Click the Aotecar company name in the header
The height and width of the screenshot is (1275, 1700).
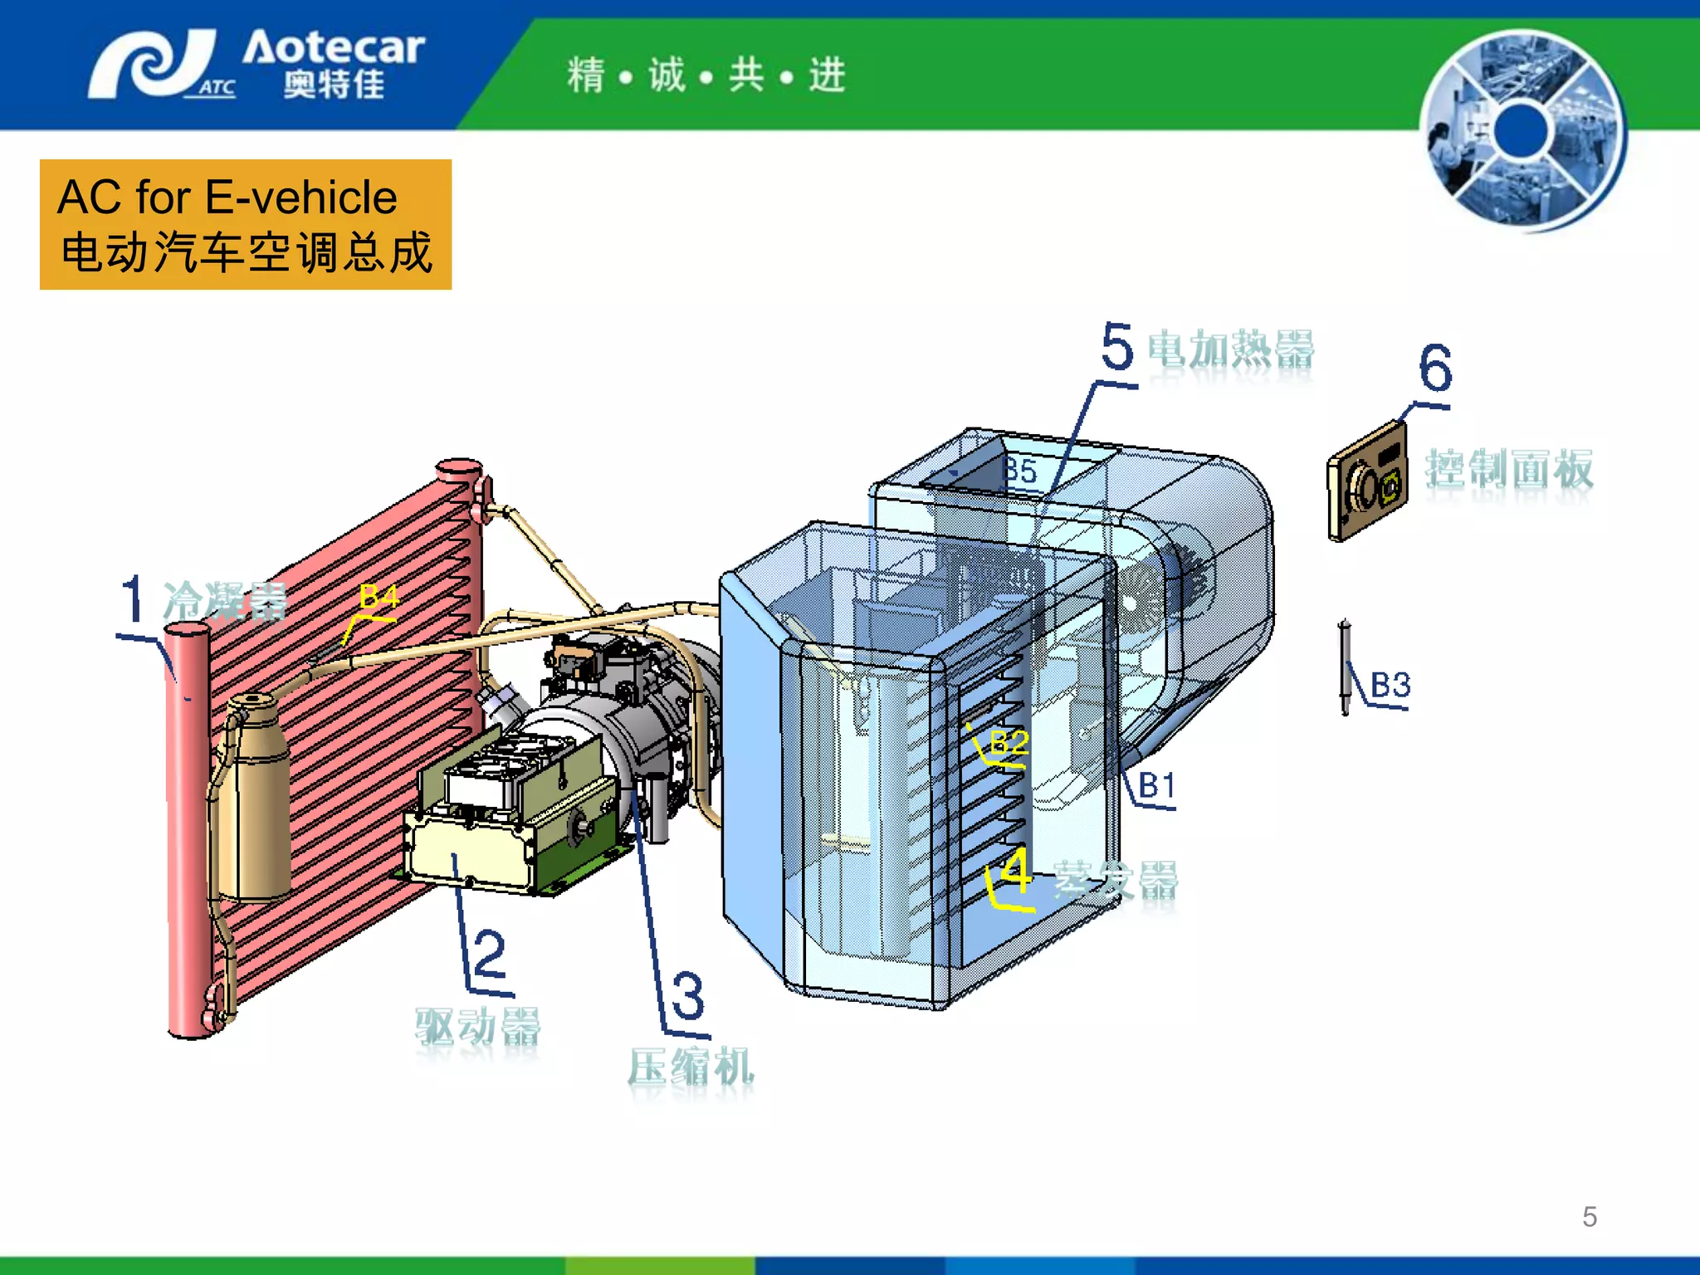tap(333, 48)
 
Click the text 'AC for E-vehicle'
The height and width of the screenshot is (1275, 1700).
tap(227, 198)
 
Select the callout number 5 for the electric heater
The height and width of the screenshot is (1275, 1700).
tap(1117, 347)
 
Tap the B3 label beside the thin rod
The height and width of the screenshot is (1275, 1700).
tap(1390, 685)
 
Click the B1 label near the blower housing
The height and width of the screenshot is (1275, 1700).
tap(1156, 784)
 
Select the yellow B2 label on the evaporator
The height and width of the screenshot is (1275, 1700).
tap(1009, 741)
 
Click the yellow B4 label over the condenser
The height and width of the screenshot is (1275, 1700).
tap(379, 596)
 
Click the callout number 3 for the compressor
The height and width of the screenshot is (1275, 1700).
tap(688, 995)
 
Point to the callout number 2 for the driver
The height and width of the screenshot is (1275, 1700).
tap(490, 954)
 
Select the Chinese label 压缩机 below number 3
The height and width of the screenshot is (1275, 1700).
tap(691, 1067)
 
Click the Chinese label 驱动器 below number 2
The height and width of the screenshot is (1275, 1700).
tap(478, 1027)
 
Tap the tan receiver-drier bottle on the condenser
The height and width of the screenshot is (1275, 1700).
tap(254, 797)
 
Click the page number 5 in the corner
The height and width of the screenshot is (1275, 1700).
tap(1590, 1217)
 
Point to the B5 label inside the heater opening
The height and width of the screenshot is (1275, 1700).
tap(1021, 471)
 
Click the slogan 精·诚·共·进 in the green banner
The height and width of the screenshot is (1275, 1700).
tap(706, 76)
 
